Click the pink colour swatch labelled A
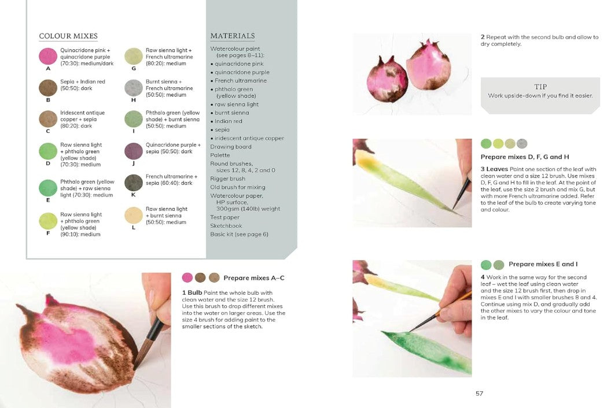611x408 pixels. click(x=48, y=56)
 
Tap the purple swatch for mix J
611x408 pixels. click(x=134, y=151)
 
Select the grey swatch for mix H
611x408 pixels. click(x=134, y=88)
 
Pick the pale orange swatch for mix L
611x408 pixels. click(x=134, y=216)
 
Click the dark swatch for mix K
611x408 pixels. click(x=134, y=183)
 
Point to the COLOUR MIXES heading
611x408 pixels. click(x=68, y=36)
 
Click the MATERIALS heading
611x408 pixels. click(x=233, y=36)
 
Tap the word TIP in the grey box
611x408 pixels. click(x=540, y=87)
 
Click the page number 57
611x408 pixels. click(x=479, y=394)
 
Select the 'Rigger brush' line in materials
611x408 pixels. click(x=227, y=179)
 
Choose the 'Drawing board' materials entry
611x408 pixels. click(x=231, y=147)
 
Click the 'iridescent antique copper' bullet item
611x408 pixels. click(x=247, y=138)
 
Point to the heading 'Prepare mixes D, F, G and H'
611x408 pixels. click(x=525, y=157)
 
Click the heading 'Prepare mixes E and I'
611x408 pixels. click(x=543, y=264)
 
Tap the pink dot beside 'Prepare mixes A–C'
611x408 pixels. click(x=187, y=277)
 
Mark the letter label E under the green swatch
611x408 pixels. click(x=48, y=200)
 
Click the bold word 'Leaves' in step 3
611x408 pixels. click(x=497, y=169)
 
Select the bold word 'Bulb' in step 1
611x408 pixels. click(x=195, y=293)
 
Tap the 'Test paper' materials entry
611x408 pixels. click(x=225, y=217)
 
